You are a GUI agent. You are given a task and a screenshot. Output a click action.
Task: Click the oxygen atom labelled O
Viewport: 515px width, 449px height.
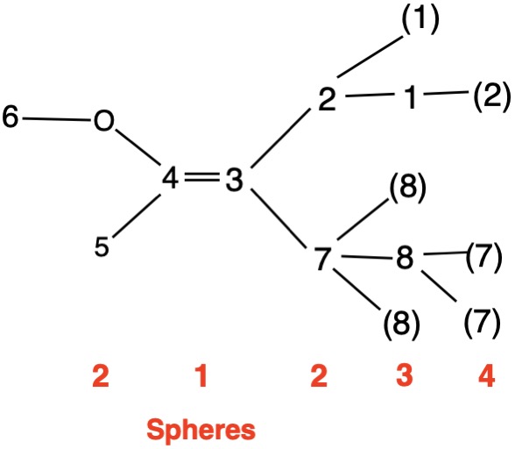104,121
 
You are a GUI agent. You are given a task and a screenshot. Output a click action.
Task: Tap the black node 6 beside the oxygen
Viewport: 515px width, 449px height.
11,117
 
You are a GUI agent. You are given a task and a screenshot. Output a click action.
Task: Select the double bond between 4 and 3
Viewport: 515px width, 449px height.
202,177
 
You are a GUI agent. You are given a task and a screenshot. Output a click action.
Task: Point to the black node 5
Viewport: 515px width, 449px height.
102,246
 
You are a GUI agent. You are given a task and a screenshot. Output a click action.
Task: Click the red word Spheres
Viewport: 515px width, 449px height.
201,430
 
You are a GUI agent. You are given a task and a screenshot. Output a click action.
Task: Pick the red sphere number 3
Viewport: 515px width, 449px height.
405,375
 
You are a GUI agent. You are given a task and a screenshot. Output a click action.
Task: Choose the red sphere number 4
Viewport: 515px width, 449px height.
486,375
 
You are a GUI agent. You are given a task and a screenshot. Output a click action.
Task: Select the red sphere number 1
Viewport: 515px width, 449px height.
201,375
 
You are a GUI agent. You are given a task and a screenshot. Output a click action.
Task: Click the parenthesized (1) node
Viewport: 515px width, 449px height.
420,19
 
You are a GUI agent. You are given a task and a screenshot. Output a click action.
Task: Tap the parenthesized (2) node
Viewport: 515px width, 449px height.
491,96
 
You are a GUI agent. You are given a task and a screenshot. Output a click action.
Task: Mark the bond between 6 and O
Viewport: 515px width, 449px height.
56,119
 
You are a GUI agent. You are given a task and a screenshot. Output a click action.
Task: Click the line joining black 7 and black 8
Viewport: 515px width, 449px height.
367,257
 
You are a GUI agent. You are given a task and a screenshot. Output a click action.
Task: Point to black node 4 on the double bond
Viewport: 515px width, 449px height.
171,178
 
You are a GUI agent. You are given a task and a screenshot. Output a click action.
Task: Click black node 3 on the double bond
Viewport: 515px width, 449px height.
234,180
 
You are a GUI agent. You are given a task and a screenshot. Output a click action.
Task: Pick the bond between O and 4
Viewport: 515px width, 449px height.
138,147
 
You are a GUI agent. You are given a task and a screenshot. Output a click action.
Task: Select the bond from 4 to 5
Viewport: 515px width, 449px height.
137,216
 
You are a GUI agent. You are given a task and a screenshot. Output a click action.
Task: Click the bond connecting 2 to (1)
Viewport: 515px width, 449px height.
370,57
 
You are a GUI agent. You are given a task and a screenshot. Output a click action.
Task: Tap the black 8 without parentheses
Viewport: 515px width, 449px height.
405,258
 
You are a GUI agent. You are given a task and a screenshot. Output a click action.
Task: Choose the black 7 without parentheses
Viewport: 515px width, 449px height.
323,259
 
